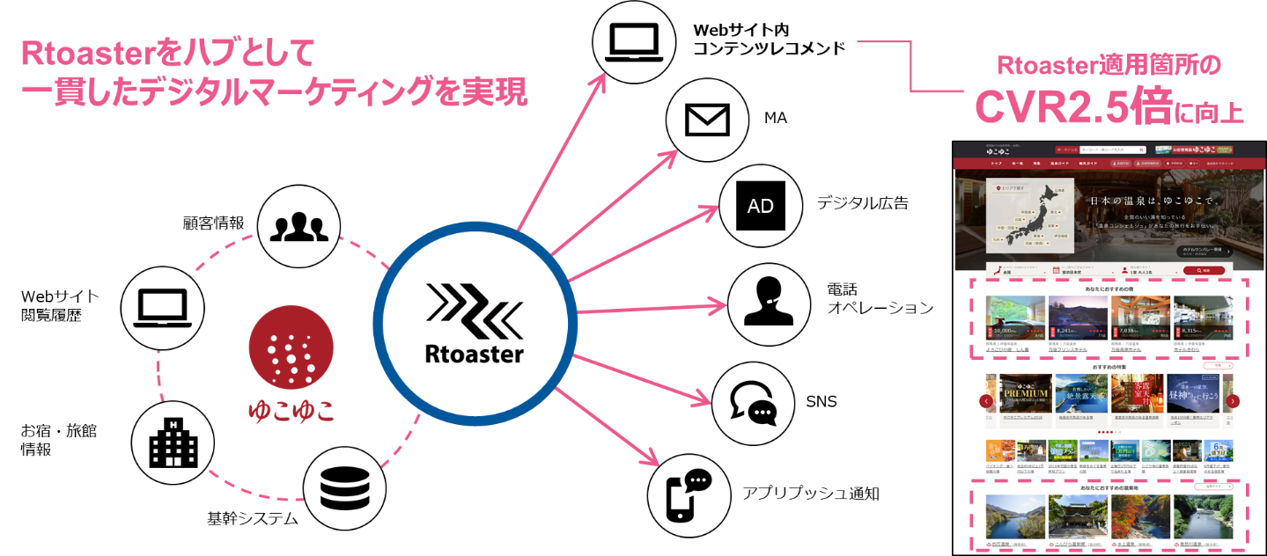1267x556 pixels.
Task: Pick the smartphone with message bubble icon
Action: click(x=689, y=493)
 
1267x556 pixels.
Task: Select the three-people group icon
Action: click(x=298, y=227)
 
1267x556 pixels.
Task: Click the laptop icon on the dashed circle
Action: click(x=163, y=308)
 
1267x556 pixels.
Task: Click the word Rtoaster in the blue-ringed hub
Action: click(x=475, y=355)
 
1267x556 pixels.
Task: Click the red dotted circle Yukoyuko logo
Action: click(x=291, y=350)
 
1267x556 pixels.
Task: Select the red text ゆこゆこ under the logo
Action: click(x=291, y=411)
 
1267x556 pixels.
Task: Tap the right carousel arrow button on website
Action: click(x=1233, y=401)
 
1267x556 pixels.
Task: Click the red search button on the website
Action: click(x=1204, y=270)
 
